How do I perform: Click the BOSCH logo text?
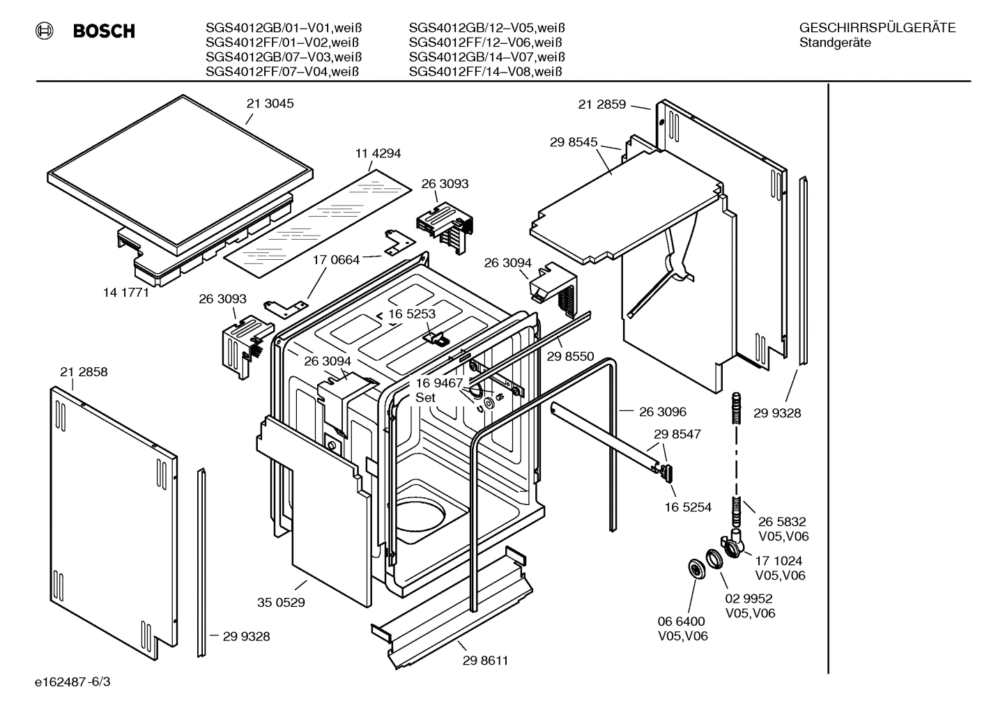tap(104, 31)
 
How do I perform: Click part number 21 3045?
tap(270, 104)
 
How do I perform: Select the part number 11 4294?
tap(378, 153)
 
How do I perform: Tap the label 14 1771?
tap(126, 293)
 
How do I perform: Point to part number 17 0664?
tap(336, 260)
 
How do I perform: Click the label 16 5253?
tap(412, 314)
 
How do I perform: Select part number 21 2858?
tap(84, 372)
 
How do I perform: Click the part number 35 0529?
tap(281, 603)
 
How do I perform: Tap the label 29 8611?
tap(485, 661)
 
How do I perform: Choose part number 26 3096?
tap(662, 412)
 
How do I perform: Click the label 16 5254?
tap(688, 507)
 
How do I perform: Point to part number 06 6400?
tap(681, 622)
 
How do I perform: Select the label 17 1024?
tap(778, 560)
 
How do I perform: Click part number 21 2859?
tap(601, 105)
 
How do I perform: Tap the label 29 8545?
tap(574, 142)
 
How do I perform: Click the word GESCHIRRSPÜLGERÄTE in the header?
tap(877, 29)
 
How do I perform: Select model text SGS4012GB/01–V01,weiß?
tap(284, 29)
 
